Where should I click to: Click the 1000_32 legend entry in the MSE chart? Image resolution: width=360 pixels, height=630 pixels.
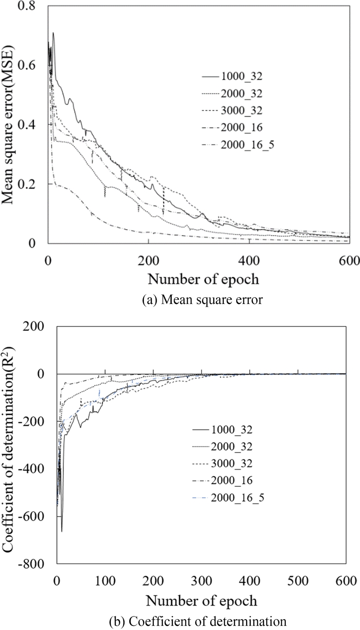pyautogui.click(x=242, y=77)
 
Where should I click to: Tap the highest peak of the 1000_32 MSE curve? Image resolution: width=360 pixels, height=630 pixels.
pyautogui.click(x=53, y=33)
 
